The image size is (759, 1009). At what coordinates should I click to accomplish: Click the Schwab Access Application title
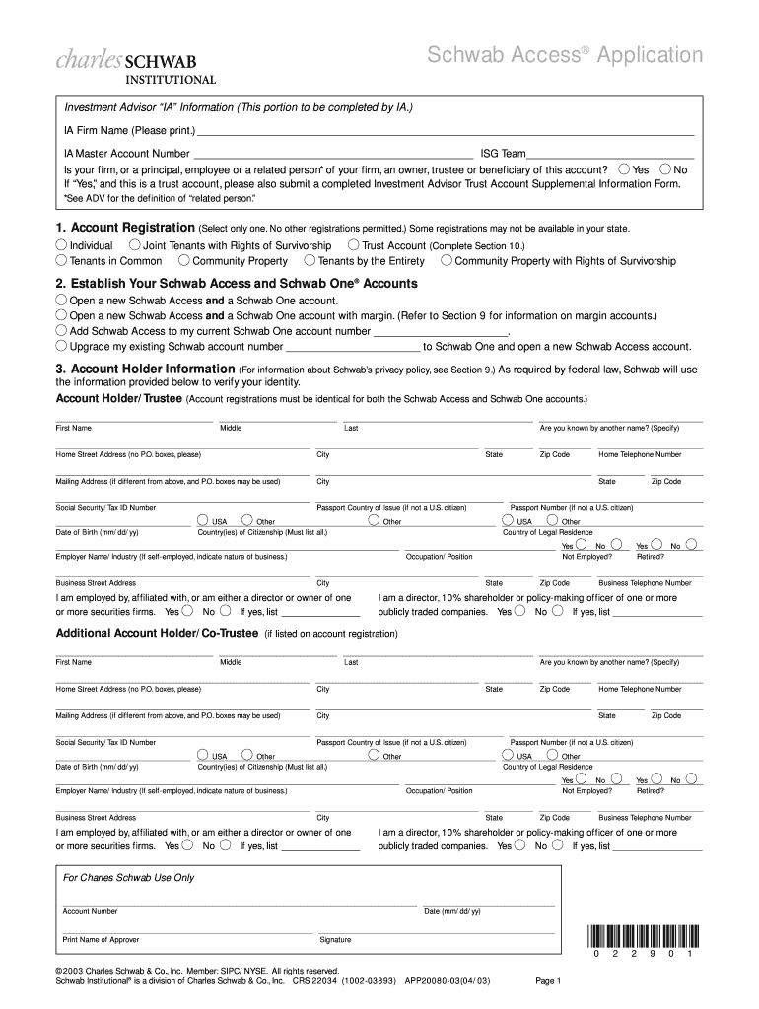(x=565, y=55)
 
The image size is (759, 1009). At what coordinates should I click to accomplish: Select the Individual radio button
(x=61, y=245)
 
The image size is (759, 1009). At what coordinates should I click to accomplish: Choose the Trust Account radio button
(x=354, y=245)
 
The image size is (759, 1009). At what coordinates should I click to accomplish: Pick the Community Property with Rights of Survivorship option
(x=447, y=261)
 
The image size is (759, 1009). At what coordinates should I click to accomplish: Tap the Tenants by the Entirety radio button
(x=310, y=261)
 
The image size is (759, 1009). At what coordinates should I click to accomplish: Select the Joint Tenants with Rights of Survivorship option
(x=135, y=245)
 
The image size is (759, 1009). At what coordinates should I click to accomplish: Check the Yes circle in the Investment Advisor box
(x=622, y=168)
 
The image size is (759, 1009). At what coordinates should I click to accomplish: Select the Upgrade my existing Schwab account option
(x=61, y=346)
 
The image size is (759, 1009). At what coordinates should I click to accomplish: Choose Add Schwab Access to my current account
(x=61, y=331)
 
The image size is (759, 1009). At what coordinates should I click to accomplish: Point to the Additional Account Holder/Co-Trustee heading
(x=158, y=633)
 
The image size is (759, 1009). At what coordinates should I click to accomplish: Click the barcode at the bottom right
(x=642, y=937)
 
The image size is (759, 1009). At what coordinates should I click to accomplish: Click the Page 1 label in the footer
(x=547, y=981)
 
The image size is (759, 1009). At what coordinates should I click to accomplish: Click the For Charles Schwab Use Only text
(x=129, y=877)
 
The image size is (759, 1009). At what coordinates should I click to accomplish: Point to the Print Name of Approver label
(x=101, y=939)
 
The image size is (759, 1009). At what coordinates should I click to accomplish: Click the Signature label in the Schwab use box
(x=335, y=939)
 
